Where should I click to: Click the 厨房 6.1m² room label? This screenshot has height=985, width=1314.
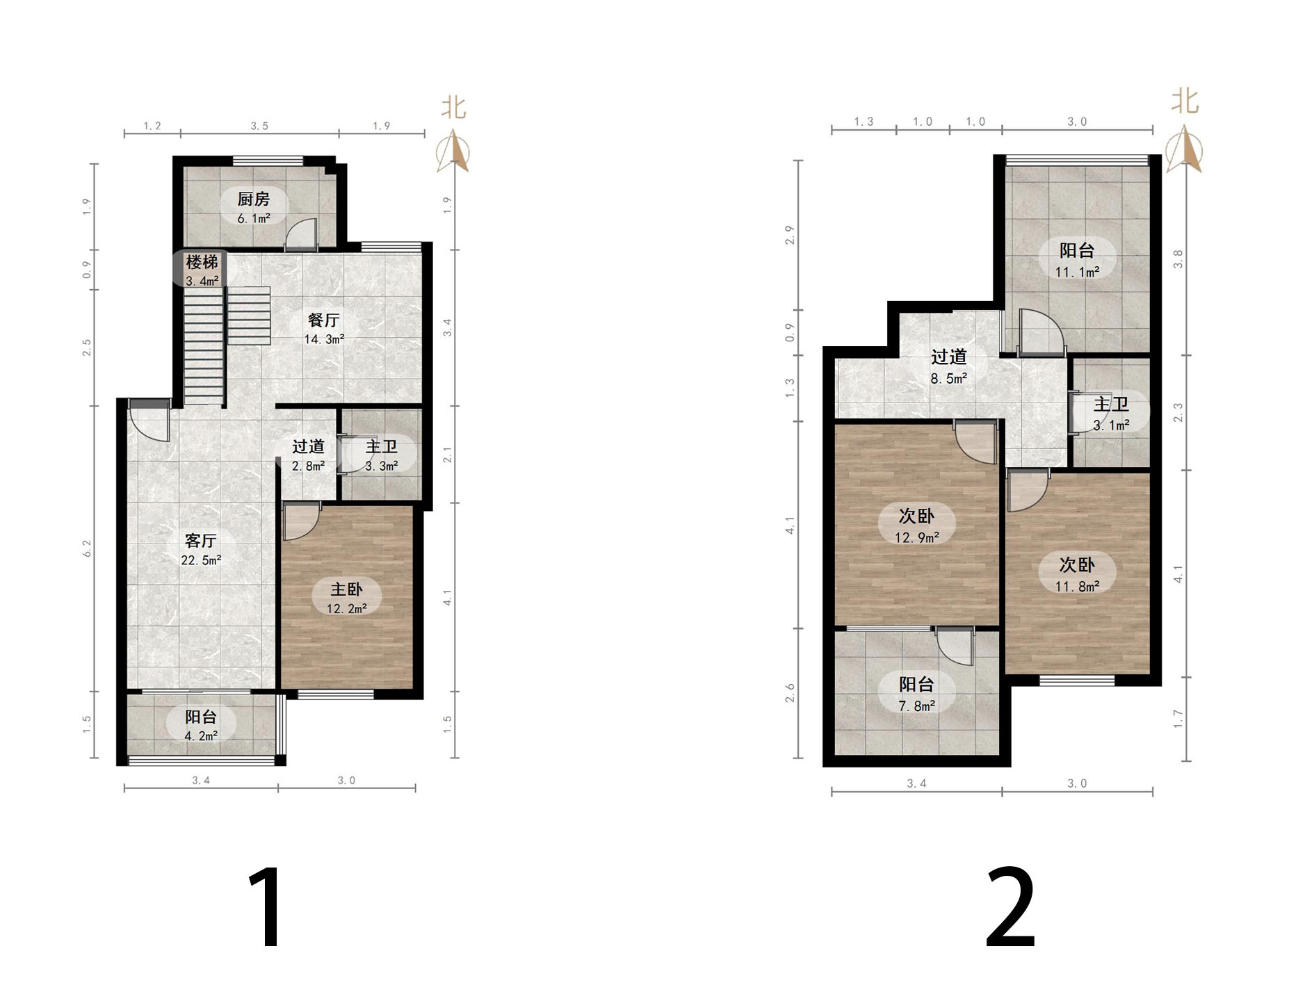tap(254, 208)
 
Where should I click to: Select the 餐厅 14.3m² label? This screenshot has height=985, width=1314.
tap(324, 329)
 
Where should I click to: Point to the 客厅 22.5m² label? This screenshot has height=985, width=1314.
tap(201, 549)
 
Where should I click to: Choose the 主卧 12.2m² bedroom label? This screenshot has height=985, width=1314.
tap(347, 598)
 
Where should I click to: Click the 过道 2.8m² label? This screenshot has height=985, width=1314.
tap(309, 455)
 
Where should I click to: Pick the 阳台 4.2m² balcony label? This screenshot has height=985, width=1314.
tap(201, 725)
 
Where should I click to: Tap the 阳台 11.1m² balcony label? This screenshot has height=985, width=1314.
tap(1077, 260)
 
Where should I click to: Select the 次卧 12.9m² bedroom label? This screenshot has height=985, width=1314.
tap(916, 526)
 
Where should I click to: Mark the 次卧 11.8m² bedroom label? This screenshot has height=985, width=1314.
tap(1077, 574)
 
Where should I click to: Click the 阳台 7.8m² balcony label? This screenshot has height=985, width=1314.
tap(916, 694)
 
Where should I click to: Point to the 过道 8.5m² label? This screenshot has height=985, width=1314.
tap(949, 366)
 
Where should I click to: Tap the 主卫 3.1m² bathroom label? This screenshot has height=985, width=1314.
tap(1111, 414)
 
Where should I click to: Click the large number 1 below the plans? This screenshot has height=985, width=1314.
tap(266, 906)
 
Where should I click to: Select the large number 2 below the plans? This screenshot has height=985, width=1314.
tap(1010, 906)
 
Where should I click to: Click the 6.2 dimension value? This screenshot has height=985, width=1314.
tap(87, 548)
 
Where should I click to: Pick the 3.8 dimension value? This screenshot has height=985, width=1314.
tap(1177, 259)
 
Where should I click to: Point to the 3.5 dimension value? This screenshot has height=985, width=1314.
tap(259, 126)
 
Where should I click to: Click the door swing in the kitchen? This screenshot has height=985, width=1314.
tap(301, 234)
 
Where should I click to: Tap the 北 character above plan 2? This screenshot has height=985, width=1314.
tap(1185, 101)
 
